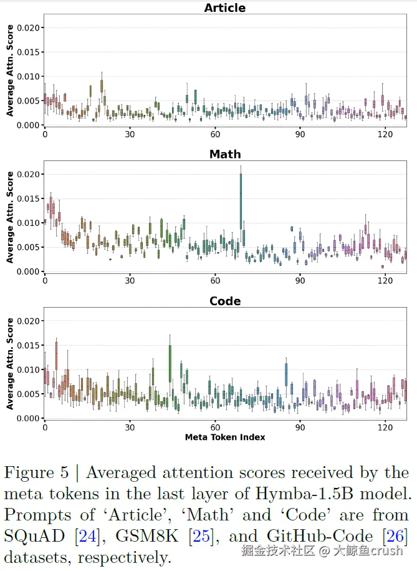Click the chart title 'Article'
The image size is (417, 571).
[225, 8]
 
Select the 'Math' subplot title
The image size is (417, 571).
[225, 154]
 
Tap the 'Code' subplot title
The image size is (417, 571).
[225, 301]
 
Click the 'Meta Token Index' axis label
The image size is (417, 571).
[225, 437]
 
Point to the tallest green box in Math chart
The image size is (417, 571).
[241, 201]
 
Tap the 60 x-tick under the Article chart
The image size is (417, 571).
[215, 134]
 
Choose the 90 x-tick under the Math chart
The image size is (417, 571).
[300, 281]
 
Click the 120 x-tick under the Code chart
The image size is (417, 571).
[385, 427]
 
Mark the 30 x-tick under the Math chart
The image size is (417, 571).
[130, 281]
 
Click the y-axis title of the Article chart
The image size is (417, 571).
[10, 71]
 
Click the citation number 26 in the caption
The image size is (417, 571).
[395, 537]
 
